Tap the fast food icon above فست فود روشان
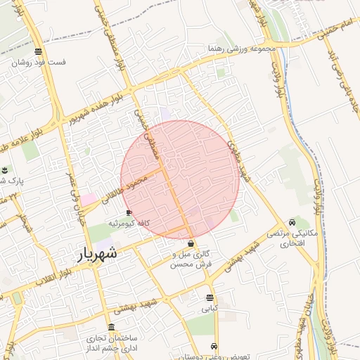pos(37,51)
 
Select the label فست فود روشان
pos(39,62)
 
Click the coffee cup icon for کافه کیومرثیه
pos(129,212)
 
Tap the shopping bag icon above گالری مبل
pos(191,243)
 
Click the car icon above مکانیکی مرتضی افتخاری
pos(292,222)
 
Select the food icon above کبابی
pos(210,297)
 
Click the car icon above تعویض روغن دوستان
pos(213,347)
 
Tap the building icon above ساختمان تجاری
pos(112,328)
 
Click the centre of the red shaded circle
pos(180,179)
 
